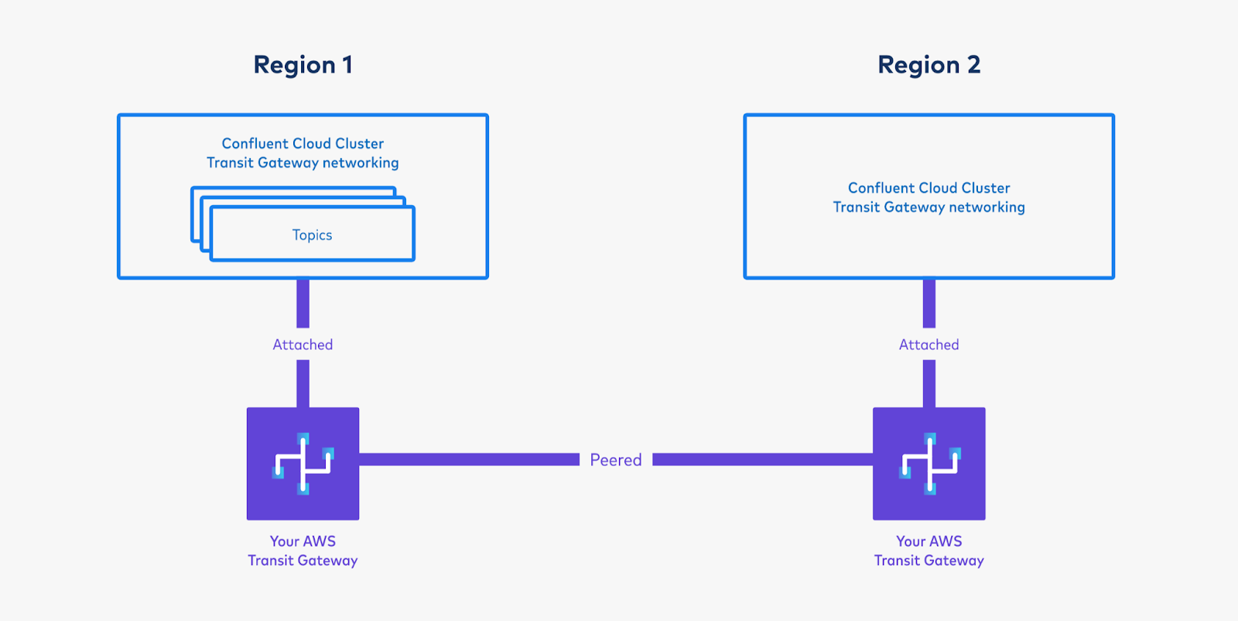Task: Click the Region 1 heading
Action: (303, 65)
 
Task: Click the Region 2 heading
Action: (929, 65)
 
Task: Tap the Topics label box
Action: (312, 235)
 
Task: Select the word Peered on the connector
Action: (616, 460)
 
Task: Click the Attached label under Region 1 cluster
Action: (303, 345)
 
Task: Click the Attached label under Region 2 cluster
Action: (929, 345)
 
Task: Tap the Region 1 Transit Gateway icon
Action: (303, 464)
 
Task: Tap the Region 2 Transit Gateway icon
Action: (929, 464)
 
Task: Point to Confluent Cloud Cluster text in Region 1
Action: (303, 143)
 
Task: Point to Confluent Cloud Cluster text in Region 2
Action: (929, 187)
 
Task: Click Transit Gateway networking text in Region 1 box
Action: (303, 163)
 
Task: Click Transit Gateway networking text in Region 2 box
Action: (929, 207)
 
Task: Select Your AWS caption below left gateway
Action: (303, 541)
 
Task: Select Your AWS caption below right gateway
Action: (929, 541)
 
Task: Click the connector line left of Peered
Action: (469, 460)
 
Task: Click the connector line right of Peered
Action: (762, 460)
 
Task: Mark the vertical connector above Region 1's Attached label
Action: (303, 304)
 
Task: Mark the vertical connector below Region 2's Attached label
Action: (929, 383)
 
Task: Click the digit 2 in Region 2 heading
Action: (973, 65)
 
